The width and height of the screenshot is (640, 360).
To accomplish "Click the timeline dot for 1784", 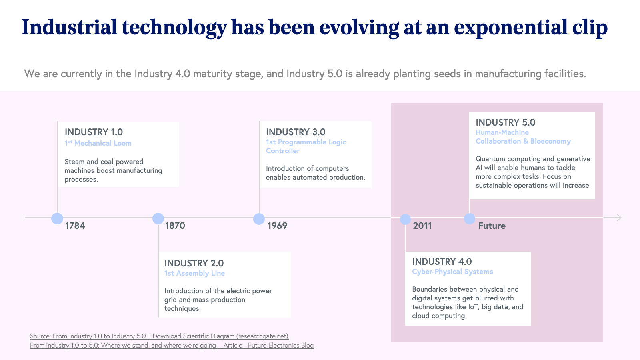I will tap(57, 218).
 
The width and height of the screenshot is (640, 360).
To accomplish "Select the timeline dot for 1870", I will tap(158, 218).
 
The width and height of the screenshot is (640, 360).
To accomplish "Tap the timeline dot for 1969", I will tap(259, 219).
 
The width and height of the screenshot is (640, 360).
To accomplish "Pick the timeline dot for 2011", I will tap(405, 219).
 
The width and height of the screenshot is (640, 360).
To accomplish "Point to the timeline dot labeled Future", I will tap(469, 219).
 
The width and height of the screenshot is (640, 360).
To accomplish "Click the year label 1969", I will tap(277, 226).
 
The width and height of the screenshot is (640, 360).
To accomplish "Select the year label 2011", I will tap(422, 226).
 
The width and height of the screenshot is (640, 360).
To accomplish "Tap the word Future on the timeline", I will tap(492, 226).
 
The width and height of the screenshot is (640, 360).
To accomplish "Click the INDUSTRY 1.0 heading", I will tap(94, 132).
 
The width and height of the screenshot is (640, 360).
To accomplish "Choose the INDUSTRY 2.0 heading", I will tap(194, 263).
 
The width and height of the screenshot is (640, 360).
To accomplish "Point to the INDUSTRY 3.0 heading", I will tap(296, 132).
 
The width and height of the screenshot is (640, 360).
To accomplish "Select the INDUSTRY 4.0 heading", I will tap(442, 262).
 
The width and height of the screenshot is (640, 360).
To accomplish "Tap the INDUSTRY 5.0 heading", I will tap(505, 122).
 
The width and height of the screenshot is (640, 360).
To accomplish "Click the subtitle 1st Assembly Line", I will tap(194, 273).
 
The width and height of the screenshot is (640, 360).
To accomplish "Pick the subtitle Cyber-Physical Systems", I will tap(452, 272).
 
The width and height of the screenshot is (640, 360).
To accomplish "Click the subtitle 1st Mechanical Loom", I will tap(98, 143).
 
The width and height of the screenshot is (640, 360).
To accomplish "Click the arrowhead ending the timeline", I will tap(619, 218).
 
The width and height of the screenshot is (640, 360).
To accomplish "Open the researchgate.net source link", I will tap(159, 336).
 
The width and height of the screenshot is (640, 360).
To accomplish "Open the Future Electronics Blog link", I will tap(172, 345).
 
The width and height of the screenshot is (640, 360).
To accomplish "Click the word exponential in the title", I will tap(511, 27).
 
